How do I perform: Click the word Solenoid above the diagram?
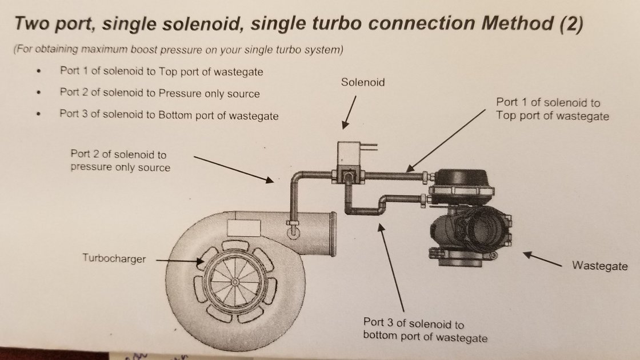click(x=363, y=82)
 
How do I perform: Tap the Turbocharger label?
click(x=114, y=258)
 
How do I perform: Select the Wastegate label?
click(x=599, y=266)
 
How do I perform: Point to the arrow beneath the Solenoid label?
click(x=349, y=112)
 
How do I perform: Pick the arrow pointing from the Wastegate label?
click(x=542, y=259)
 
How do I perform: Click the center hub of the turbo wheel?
click(x=235, y=282)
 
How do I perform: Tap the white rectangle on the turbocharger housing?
click(x=243, y=228)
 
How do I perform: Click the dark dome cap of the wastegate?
click(x=461, y=178)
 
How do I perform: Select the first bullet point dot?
click(x=39, y=71)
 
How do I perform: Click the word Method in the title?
click(x=518, y=23)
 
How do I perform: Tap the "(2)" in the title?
click(x=571, y=24)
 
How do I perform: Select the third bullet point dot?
click(x=39, y=114)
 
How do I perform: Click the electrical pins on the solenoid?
click(x=369, y=146)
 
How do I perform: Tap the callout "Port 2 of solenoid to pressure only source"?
click(x=121, y=161)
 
